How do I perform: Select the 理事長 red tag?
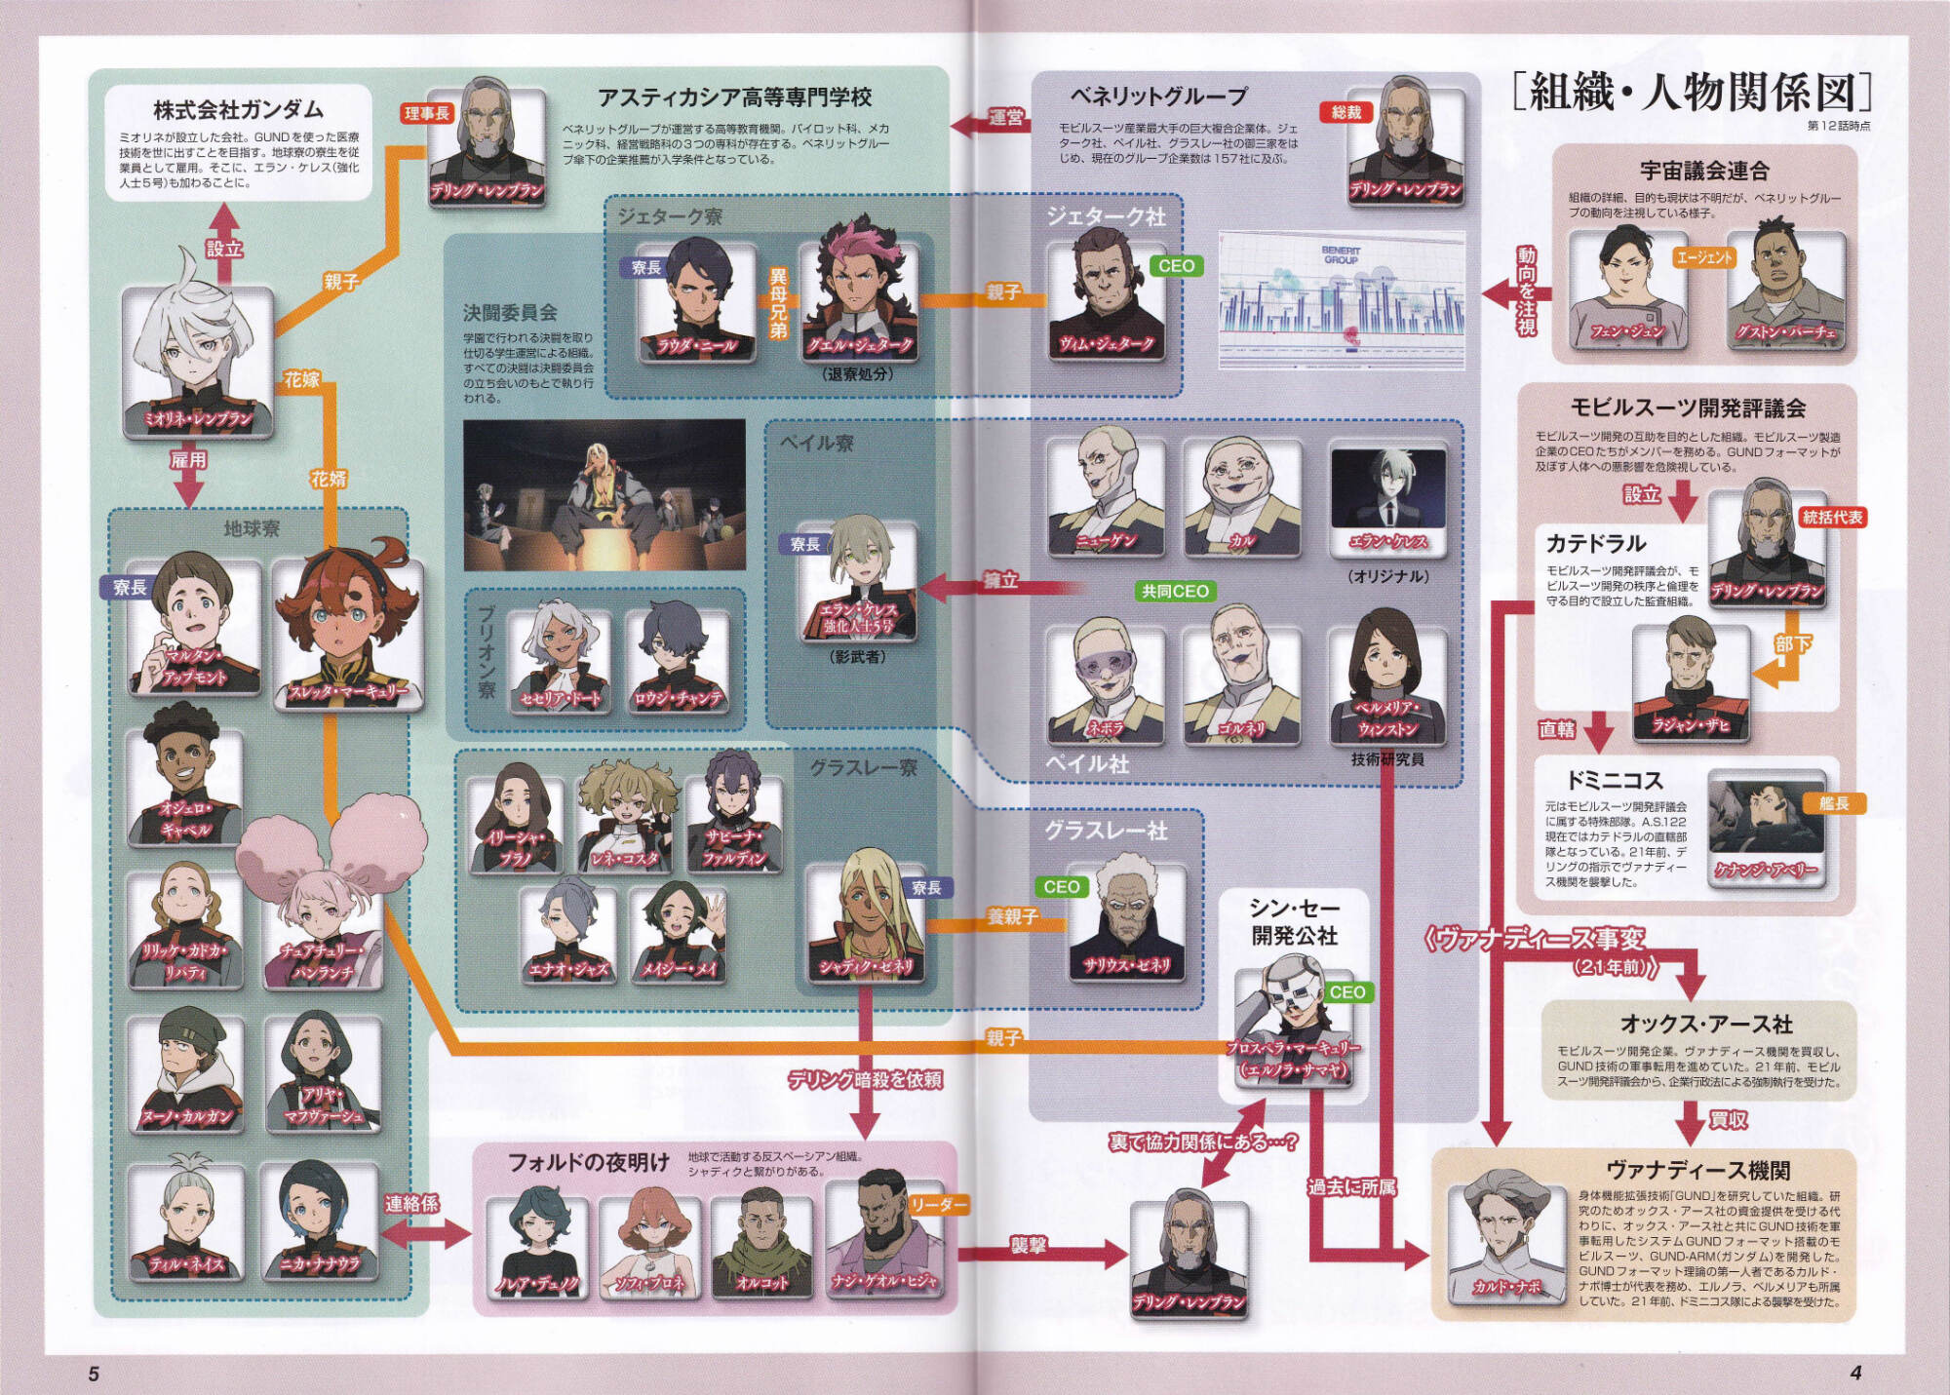click(x=427, y=114)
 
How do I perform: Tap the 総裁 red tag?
click(x=1346, y=113)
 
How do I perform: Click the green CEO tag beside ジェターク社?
click(x=1176, y=266)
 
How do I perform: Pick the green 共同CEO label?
click(x=1175, y=591)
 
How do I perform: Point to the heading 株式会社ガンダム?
click(x=238, y=109)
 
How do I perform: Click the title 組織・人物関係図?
click(x=1692, y=94)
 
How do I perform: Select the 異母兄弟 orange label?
click(x=778, y=303)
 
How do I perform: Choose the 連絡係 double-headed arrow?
click(x=425, y=1234)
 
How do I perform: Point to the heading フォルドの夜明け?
click(x=589, y=1162)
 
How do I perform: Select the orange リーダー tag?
click(x=938, y=1206)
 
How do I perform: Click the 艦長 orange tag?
click(x=1833, y=803)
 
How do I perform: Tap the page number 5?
click(x=94, y=1374)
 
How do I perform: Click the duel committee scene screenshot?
click(x=604, y=495)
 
